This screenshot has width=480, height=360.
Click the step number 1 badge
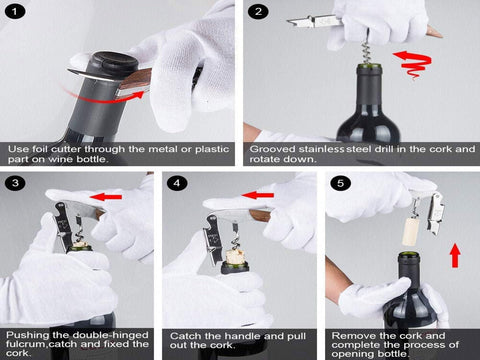[x=13, y=13]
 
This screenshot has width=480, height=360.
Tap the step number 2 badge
[x=259, y=13]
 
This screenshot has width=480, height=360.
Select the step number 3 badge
[x=13, y=184]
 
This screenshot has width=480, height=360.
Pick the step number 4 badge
[x=177, y=184]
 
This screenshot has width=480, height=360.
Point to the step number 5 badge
[x=339, y=184]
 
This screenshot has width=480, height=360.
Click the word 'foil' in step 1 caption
[x=47, y=150]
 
